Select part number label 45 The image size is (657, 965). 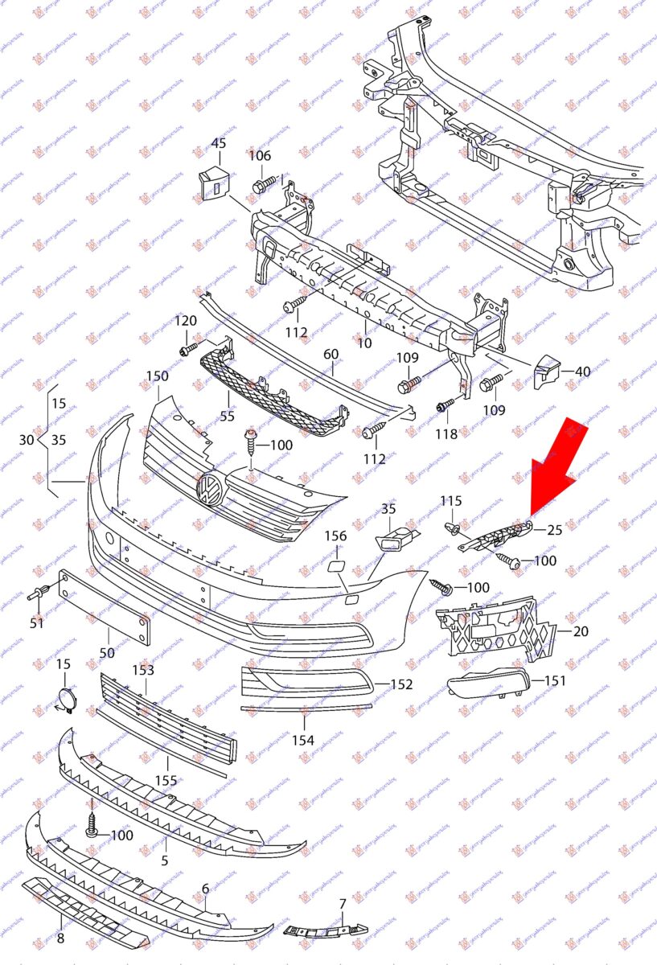pos(219,144)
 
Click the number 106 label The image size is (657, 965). pos(259,156)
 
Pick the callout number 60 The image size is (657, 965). pos(331,355)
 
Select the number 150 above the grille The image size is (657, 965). pos(157,376)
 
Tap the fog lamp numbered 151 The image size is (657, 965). pos(487,687)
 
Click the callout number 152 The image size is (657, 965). pos(401,684)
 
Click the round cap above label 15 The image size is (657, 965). pos(64,699)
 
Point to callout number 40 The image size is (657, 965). pos(582,372)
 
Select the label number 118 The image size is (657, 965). pos(446,434)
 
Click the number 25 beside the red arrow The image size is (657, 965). pos(555,530)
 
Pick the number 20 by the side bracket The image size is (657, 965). pos(581,631)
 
